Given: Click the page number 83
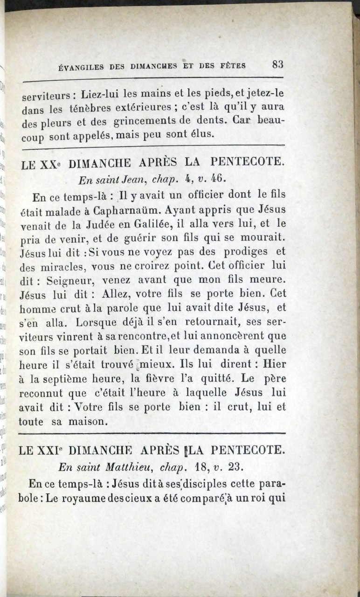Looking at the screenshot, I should (x=278, y=64).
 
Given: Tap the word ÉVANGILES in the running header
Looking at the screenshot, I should (x=81, y=67).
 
